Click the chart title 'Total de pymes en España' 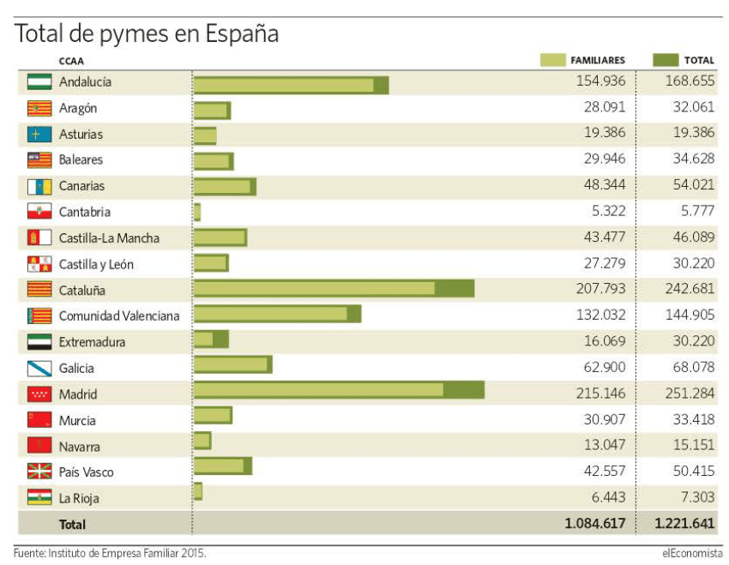click(x=147, y=34)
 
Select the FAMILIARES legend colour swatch click(x=552, y=60)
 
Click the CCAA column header click(x=71, y=61)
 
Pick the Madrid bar click(x=339, y=390)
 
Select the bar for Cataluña click(x=334, y=289)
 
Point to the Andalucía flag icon click(x=39, y=82)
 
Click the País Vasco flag click(x=39, y=472)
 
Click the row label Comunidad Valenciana click(x=119, y=316)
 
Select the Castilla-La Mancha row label click(x=109, y=237)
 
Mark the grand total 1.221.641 click(x=684, y=523)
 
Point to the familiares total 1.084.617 click(x=595, y=523)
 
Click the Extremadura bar click(x=211, y=339)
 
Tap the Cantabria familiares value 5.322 click(x=608, y=212)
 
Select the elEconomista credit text click(x=692, y=553)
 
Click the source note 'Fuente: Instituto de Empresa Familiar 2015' click(x=110, y=553)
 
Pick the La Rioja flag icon click(x=39, y=497)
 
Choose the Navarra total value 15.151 click(x=690, y=446)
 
